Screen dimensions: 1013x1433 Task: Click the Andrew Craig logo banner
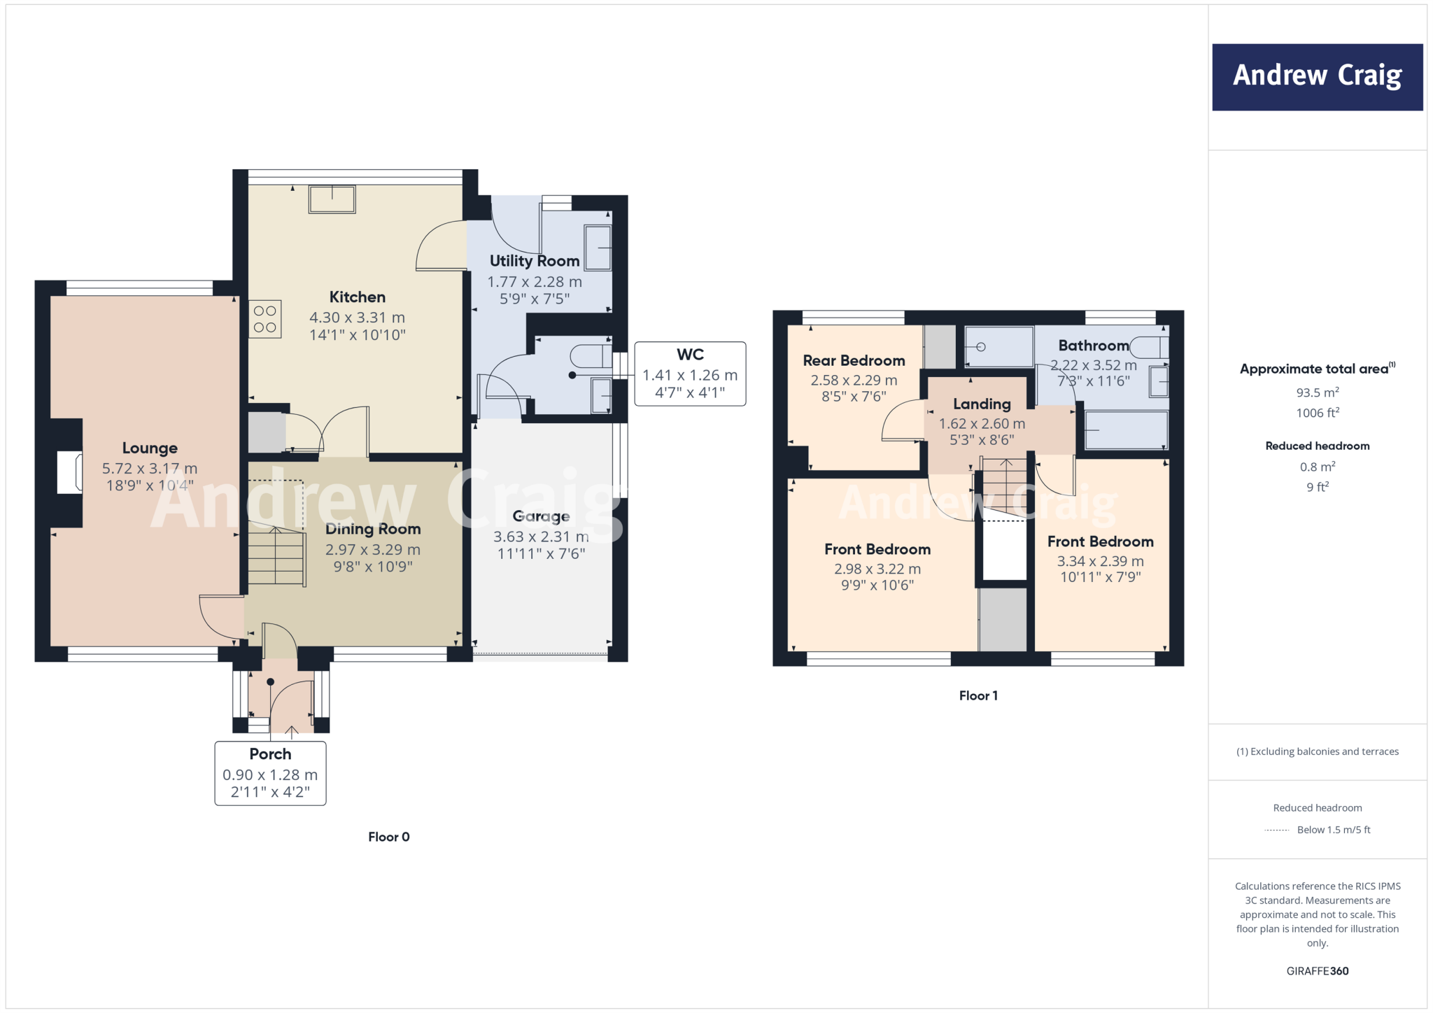tap(1317, 77)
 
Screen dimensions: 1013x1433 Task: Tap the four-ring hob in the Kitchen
tap(265, 319)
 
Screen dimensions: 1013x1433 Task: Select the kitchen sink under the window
tap(332, 199)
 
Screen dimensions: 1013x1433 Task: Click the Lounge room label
tap(150, 448)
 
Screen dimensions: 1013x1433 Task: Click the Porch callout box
tap(270, 773)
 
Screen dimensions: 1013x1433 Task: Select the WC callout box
tap(690, 374)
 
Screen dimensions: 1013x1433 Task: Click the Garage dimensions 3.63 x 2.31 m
tap(541, 537)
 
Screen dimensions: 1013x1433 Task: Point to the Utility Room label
tap(535, 261)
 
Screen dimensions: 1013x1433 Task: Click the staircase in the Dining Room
tap(277, 557)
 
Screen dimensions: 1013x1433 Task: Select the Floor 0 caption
tap(389, 837)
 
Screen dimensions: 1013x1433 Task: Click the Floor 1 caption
tap(978, 695)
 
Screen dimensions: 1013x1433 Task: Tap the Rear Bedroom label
tap(854, 361)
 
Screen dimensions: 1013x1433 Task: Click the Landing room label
tap(982, 404)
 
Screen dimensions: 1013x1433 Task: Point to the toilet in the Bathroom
tap(1148, 347)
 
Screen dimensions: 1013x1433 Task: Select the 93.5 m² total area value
tap(1317, 392)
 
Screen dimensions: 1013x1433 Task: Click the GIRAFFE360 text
tap(1317, 971)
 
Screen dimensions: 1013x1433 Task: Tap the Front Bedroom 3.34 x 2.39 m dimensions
tap(1100, 561)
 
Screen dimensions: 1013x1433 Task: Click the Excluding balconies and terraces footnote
tap(1317, 751)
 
